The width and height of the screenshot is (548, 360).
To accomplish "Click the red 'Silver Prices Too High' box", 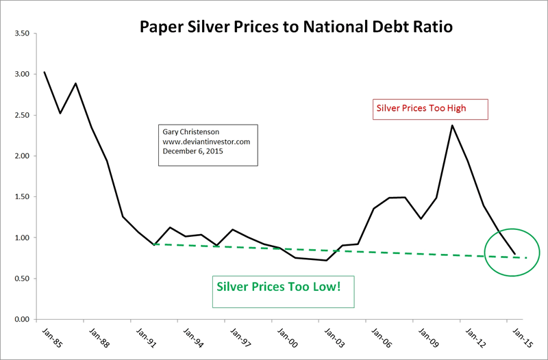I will [x=429, y=109].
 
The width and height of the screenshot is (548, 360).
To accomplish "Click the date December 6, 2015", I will [x=195, y=151].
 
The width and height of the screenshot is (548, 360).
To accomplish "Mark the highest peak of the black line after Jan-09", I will [x=452, y=125].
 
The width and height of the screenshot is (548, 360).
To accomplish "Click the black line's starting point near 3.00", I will [x=45, y=72].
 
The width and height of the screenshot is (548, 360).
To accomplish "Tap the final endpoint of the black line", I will [x=515, y=254].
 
